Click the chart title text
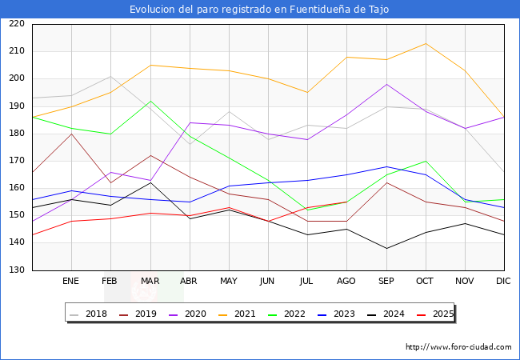(260, 10)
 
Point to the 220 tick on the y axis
(16, 24)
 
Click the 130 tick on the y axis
(16, 270)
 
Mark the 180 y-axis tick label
(16, 134)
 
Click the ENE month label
(71, 282)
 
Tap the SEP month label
(386, 282)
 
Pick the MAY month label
(229, 282)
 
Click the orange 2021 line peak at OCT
(426, 43)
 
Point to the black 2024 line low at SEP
(386, 248)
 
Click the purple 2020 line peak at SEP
(386, 84)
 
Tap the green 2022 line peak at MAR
(150, 101)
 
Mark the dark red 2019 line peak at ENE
(71, 134)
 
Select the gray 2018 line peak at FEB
(110, 77)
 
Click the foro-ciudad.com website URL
(458, 347)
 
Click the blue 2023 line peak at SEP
(386, 166)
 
